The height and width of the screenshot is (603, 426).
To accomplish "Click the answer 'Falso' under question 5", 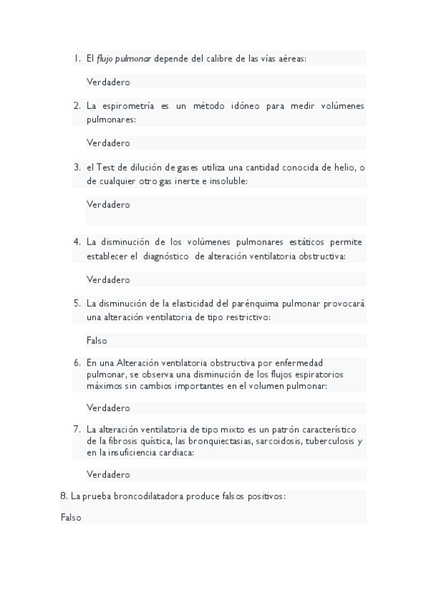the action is point(97,341).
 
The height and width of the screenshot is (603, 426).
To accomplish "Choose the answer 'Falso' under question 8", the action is point(71,518).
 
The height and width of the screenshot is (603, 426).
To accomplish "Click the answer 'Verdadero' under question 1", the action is point(108,82).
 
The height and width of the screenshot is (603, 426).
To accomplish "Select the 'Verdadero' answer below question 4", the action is point(108,279).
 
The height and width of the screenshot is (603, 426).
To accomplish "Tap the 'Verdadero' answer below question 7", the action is point(108,474).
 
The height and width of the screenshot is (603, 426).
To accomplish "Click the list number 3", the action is point(77,168).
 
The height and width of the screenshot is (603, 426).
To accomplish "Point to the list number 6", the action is point(77,363).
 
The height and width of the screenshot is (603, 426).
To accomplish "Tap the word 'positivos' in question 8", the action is point(264,496).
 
